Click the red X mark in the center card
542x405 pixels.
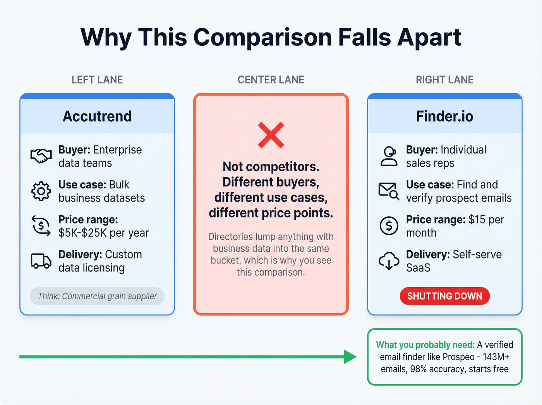coord(271,135)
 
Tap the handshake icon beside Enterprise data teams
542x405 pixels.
coord(41,156)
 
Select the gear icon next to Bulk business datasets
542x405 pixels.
coord(41,191)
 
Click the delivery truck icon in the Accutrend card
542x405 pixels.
coord(41,261)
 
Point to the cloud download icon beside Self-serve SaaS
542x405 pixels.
coord(389,261)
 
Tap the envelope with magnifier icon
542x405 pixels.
coord(389,191)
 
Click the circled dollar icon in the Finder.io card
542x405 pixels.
coord(389,226)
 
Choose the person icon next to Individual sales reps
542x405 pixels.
coord(389,156)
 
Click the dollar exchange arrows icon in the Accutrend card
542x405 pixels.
coord(41,226)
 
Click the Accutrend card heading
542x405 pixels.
coord(97,116)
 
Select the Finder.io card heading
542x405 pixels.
coord(444,116)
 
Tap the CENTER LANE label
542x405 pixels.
coord(271,80)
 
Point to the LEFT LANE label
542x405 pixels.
coord(97,80)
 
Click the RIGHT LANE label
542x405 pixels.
coord(444,80)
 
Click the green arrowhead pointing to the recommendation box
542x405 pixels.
coord(350,357)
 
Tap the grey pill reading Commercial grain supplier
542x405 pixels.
coord(97,296)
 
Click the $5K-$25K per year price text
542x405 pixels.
coord(104,233)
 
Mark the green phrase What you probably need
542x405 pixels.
coord(425,345)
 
